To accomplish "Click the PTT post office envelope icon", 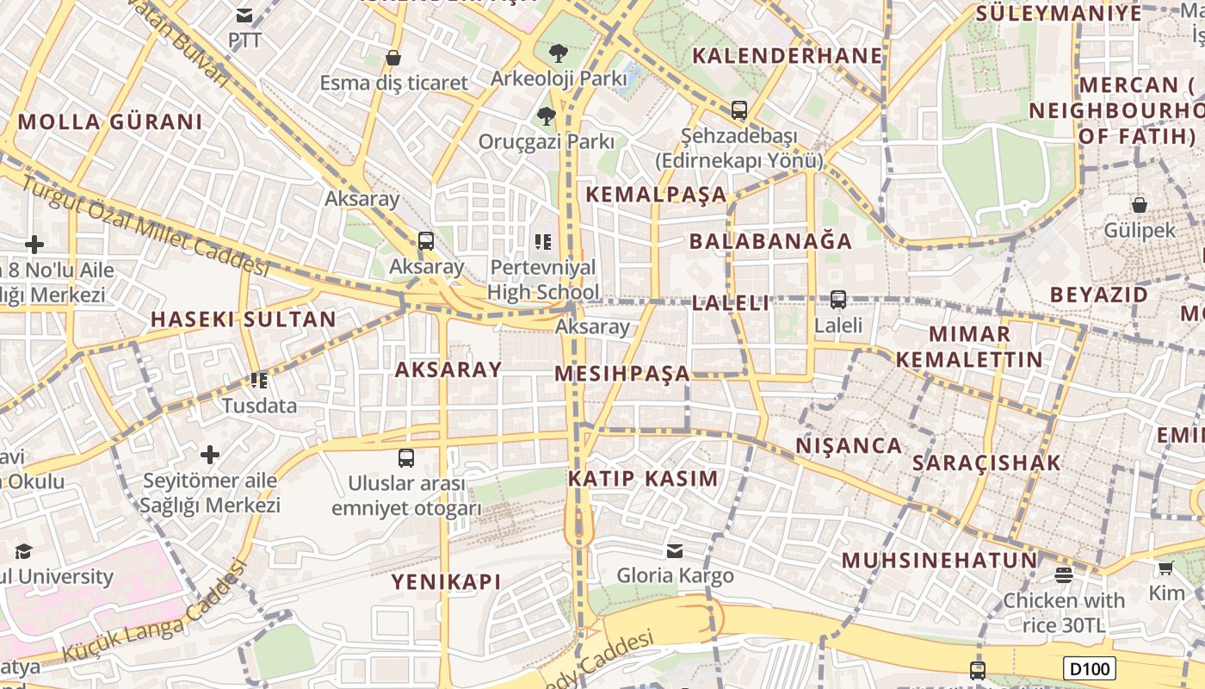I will pos(244,15).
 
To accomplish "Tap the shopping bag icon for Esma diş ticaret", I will pos(393,58).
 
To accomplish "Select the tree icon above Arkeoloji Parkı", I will pos(558,53).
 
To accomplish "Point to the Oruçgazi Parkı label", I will pos(547,141).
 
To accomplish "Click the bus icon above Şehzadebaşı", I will pos(738,110).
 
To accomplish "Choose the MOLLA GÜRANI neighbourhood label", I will pos(110,121).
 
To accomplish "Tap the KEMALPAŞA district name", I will pos(656,194).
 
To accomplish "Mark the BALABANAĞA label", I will pos(770,240).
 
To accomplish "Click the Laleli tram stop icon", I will pos(837,300).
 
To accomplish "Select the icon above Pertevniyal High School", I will pos(542,241).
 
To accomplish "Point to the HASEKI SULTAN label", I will pos(244,319).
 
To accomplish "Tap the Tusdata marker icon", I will pos(258,380).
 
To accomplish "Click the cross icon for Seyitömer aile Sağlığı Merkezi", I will pos(210,454).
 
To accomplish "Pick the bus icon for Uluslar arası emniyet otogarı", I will pos(406,457).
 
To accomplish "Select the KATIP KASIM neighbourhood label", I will pos(643,479).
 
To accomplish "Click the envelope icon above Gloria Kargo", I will pos(675,550).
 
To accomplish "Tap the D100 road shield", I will pos(1089,667).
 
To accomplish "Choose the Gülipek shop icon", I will pos(1139,205).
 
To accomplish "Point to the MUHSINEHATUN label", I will pos(940,561).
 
